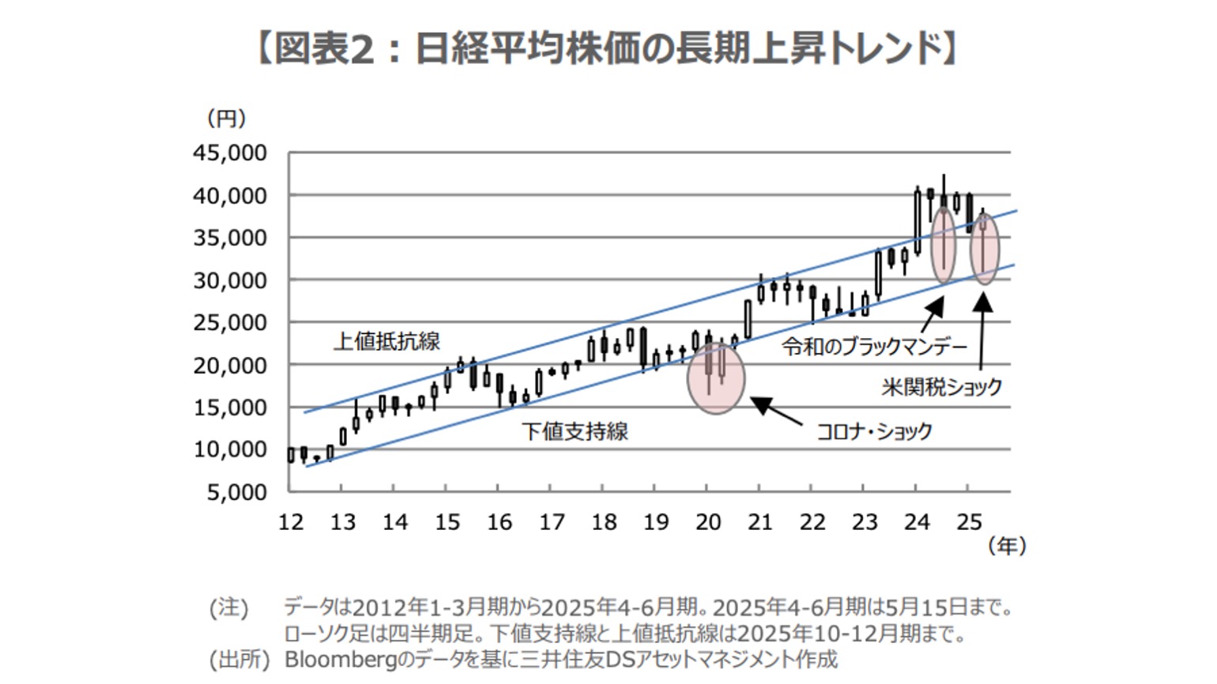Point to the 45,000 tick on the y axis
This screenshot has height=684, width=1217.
pyautogui.click(x=230, y=152)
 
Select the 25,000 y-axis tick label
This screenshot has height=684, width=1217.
pyautogui.click(x=230, y=322)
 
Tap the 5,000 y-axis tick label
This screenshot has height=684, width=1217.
pyautogui.click(x=236, y=492)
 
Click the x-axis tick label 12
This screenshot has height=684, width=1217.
pyautogui.click(x=291, y=522)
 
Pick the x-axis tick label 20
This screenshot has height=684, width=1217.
pyautogui.click(x=708, y=522)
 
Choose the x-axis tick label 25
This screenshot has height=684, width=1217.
pyautogui.click(x=969, y=522)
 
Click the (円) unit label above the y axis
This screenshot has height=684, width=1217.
pyautogui.click(x=226, y=118)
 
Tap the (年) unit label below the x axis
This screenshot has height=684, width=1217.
pyautogui.click(x=1007, y=545)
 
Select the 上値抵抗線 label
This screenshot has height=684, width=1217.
pyautogui.click(x=386, y=341)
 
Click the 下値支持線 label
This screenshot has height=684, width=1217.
pyautogui.click(x=575, y=431)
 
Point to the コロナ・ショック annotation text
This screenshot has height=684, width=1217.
pyautogui.click(x=873, y=431)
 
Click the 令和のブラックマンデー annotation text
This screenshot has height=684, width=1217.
pyautogui.click(x=874, y=346)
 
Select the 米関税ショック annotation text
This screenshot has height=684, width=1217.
pyautogui.click(x=941, y=387)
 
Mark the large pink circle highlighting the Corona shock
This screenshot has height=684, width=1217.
pyautogui.click(x=716, y=378)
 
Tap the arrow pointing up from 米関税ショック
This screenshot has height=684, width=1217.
pyautogui.click(x=982, y=332)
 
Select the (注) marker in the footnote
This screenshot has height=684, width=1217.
pyautogui.click(x=229, y=607)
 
